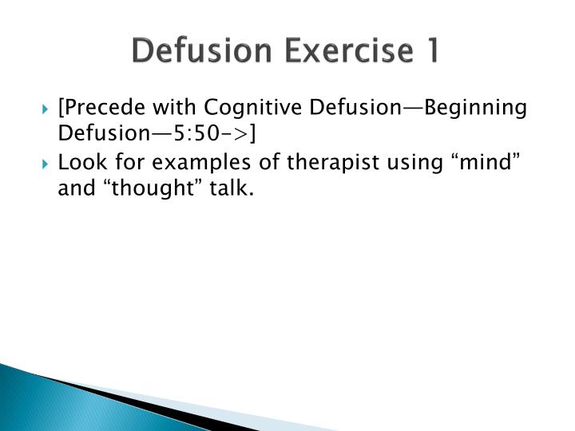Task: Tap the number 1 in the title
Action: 430,51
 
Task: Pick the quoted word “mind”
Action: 487,162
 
